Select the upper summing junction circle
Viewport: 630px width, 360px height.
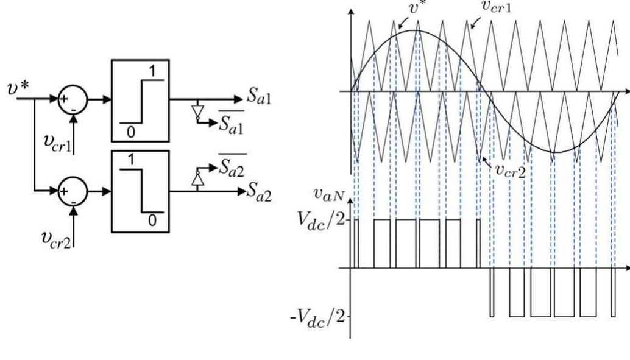click(73, 97)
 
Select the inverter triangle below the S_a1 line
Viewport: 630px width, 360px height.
click(196, 111)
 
